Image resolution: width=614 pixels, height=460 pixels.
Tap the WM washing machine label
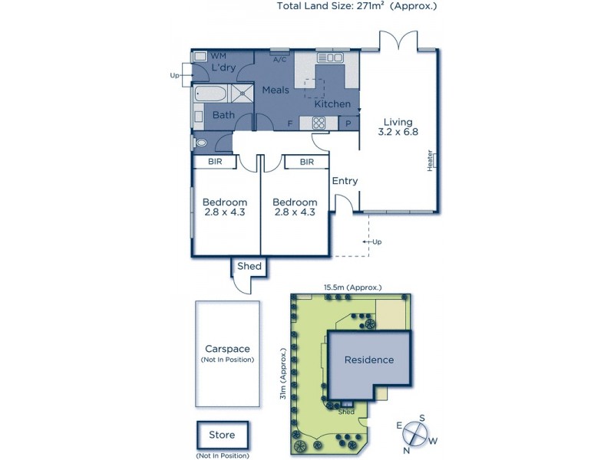pyautogui.click(x=219, y=56)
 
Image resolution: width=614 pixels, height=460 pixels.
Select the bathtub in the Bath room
pyautogui.click(x=210, y=94)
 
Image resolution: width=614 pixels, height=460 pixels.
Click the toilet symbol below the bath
pyautogui.click(x=201, y=143)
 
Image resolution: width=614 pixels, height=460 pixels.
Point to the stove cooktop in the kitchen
pyautogui.click(x=319, y=123)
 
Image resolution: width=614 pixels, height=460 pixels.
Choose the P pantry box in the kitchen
pyautogui.click(x=348, y=123)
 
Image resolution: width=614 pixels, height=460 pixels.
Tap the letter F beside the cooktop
pyautogui.click(x=289, y=123)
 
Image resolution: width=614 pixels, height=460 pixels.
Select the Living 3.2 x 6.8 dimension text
pyautogui.click(x=399, y=127)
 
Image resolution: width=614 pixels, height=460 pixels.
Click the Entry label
pyautogui.click(x=345, y=181)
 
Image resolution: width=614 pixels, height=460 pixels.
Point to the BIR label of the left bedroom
pyautogui.click(x=216, y=163)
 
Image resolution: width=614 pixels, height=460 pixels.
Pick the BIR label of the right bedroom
pyautogui.click(x=307, y=163)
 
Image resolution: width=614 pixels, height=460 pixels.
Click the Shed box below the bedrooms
pyautogui.click(x=249, y=267)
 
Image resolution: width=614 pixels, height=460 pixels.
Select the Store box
pyautogui.click(x=222, y=435)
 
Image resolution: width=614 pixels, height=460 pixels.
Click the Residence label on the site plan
pyautogui.click(x=368, y=360)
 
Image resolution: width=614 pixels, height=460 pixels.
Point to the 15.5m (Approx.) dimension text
pyautogui.click(x=352, y=287)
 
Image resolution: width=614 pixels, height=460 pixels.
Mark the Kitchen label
pyautogui.click(x=332, y=103)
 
